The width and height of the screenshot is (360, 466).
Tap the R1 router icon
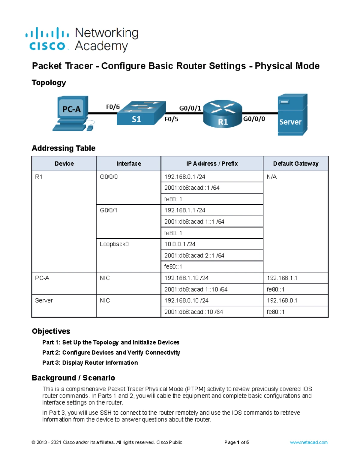[x=222, y=114]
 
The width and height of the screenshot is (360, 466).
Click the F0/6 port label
[x=113, y=107]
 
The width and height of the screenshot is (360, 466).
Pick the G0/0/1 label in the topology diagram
[x=190, y=108]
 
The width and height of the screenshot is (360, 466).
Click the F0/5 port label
[x=171, y=119]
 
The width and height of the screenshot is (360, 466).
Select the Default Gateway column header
[x=295, y=164]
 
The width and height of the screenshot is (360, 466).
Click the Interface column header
[x=129, y=164]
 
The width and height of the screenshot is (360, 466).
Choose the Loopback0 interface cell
[x=114, y=244]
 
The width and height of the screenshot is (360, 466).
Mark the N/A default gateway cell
[x=271, y=177]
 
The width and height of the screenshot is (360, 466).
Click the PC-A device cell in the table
[x=42, y=278]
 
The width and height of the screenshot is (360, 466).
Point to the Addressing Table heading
[x=64, y=148]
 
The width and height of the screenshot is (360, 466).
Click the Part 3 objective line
[x=90, y=362]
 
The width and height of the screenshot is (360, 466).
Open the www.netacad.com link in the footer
[x=308, y=442]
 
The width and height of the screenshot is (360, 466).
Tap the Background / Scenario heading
[x=73, y=378]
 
